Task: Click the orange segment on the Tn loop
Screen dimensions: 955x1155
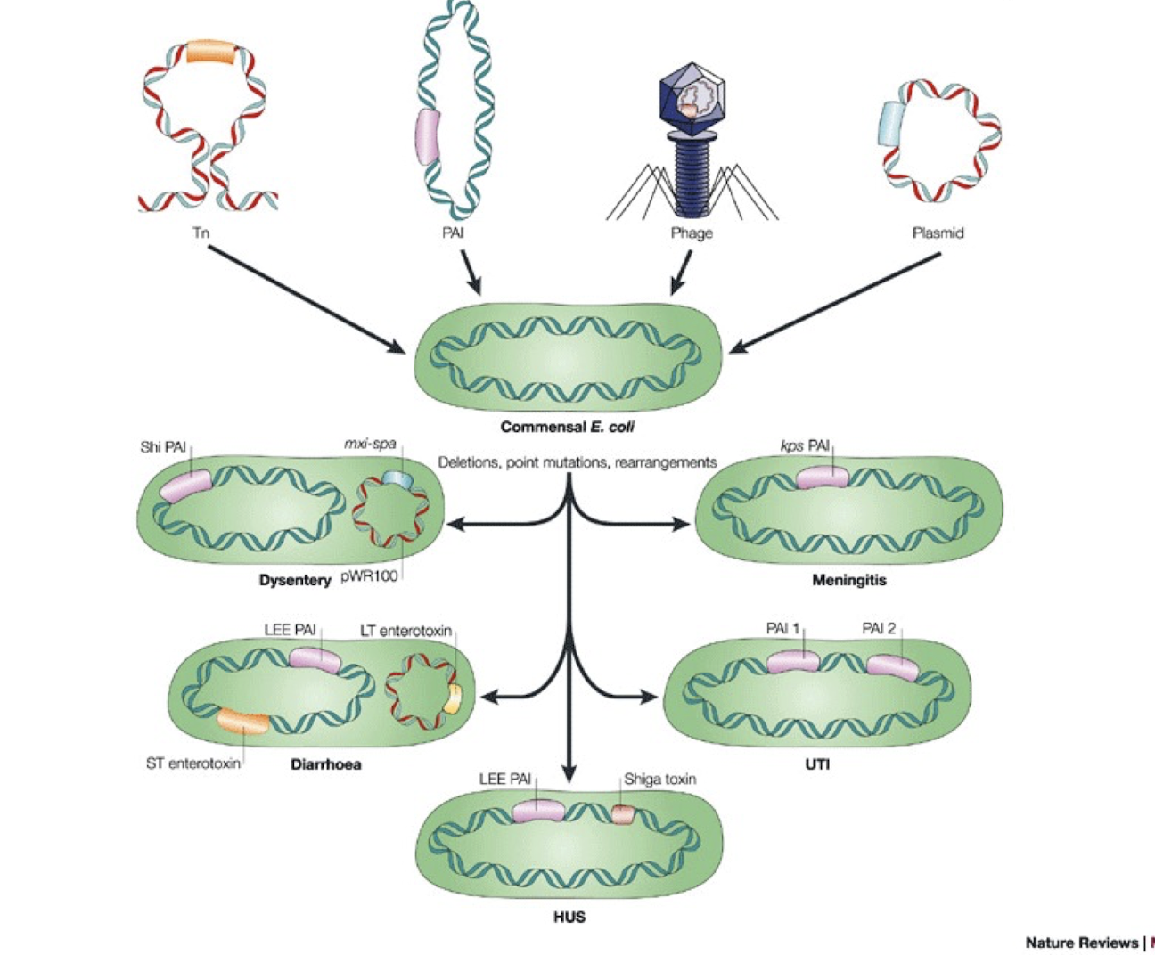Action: point(211,52)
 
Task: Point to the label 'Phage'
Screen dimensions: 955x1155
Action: point(692,233)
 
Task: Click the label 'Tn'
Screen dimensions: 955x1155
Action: point(201,233)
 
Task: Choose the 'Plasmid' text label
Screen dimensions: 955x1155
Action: point(938,233)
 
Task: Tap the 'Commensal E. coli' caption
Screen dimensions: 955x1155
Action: point(567,427)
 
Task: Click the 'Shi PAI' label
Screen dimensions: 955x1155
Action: point(163,447)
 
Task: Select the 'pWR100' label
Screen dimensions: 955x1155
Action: point(369,575)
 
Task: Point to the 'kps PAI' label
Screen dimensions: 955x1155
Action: point(805,445)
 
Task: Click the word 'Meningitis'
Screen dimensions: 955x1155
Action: point(848,581)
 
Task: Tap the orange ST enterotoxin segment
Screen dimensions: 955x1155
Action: point(243,721)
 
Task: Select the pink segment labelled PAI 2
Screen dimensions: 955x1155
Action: point(892,667)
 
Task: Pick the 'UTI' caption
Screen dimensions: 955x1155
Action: point(817,764)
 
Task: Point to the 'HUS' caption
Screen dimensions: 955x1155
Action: point(569,917)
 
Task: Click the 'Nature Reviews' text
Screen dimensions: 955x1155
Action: point(1081,943)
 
